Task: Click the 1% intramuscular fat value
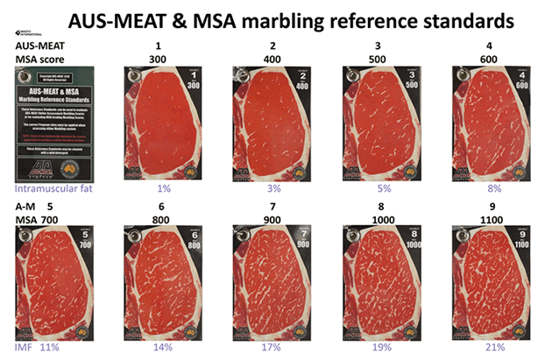coord(162,187)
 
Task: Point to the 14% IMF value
coord(164,348)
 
